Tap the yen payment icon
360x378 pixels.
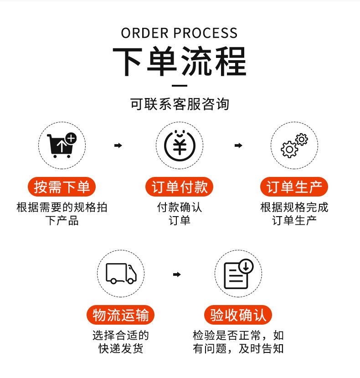180,145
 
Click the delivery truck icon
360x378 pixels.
121,274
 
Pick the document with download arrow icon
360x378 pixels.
238,274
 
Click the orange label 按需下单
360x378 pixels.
62,187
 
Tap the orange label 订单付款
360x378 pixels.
180,187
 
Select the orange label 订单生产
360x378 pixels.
294,187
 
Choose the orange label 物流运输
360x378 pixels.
121,315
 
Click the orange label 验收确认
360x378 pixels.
238,315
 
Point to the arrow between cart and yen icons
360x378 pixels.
118,145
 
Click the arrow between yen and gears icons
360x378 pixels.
238,145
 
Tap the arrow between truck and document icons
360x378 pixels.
177,274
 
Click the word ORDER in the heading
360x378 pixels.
145,33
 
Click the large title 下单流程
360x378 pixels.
180,62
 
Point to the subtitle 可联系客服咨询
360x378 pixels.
180,104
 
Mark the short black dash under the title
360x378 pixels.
180,85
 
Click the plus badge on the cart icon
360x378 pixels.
71,138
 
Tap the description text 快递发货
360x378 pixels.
121,349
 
